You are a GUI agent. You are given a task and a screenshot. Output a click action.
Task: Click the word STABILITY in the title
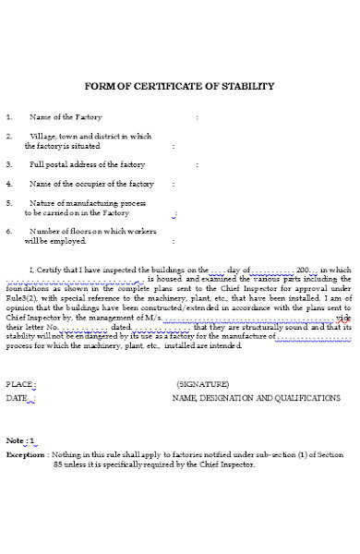[x=246, y=86]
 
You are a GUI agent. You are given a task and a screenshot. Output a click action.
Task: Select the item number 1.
[x=9, y=118]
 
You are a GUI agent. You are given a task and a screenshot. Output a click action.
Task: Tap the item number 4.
[x=9, y=184]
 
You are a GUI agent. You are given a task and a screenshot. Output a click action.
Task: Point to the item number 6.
[x=9, y=231]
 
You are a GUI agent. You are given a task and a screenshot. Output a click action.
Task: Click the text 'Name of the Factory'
[x=66, y=118]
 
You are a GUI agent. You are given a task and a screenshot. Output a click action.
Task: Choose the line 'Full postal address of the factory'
[x=87, y=164]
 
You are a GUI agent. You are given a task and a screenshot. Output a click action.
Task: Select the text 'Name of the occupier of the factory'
[x=91, y=184]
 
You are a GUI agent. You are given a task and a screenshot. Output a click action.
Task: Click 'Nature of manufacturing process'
[x=88, y=203]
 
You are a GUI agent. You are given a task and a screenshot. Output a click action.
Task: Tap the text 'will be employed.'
[x=54, y=241]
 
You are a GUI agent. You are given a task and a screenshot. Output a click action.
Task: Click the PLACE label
[x=20, y=383]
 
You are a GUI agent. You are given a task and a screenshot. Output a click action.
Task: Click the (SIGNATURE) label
[x=202, y=383]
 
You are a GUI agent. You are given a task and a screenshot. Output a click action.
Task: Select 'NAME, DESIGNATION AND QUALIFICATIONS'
[x=256, y=398]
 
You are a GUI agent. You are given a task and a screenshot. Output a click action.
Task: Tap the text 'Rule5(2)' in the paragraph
[x=22, y=299]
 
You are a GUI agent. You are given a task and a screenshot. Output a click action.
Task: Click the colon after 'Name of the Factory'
[x=197, y=118]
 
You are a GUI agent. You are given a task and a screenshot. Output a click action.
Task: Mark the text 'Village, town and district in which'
[x=90, y=137]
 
